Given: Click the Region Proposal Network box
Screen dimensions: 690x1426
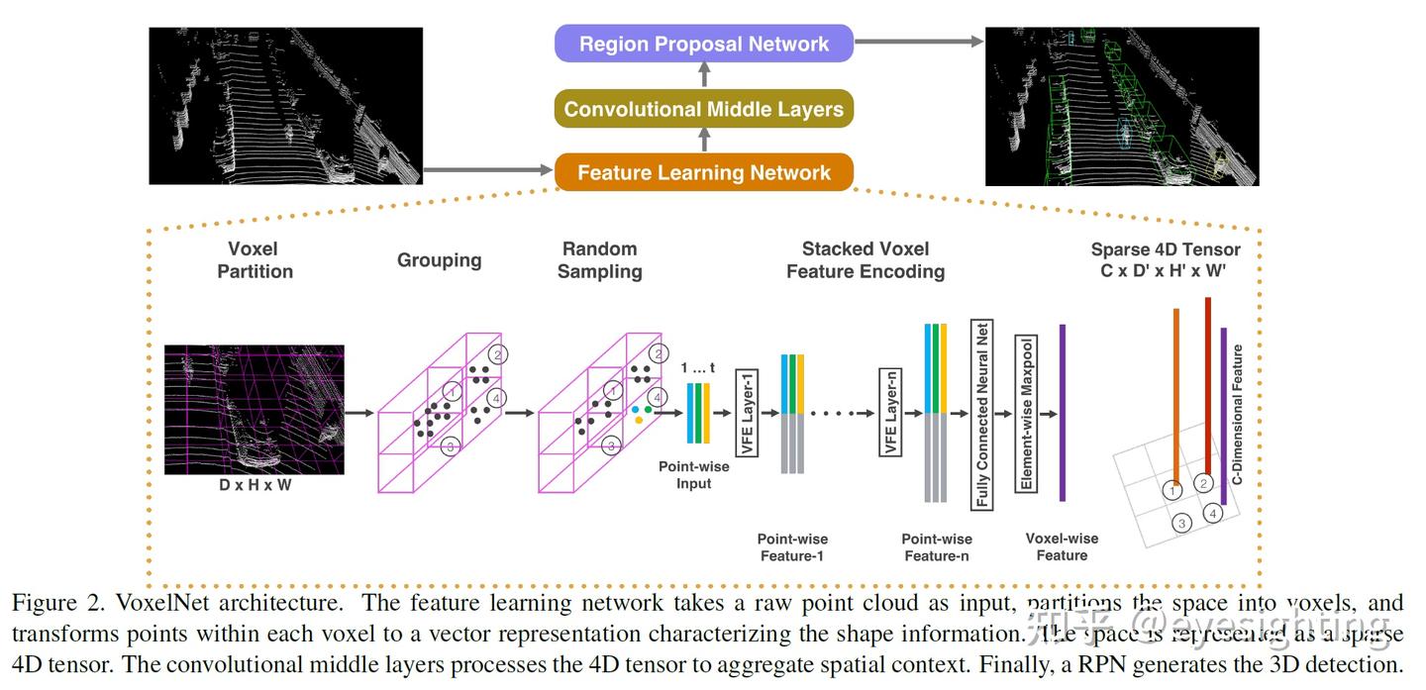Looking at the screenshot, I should (704, 44).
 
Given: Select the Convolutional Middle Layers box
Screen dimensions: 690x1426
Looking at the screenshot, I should (704, 109).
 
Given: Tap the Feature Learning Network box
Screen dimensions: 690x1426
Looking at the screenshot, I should (704, 172).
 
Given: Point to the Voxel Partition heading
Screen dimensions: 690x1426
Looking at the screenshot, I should (255, 259).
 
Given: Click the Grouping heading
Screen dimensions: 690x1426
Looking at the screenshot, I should (439, 260).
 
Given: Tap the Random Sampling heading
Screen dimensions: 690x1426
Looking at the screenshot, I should (599, 259).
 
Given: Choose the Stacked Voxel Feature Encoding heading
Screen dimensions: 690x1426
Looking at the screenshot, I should (866, 259).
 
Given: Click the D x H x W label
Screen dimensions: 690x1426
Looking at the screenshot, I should (255, 486).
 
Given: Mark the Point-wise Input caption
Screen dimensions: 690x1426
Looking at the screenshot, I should (694, 475).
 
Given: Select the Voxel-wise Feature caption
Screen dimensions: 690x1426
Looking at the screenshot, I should (1062, 546).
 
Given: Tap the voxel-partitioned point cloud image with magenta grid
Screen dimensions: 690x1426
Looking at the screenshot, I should (255, 410).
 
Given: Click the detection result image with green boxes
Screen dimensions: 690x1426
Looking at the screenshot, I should (1122, 106).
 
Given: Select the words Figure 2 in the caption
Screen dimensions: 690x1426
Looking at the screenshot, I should (57, 603).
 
